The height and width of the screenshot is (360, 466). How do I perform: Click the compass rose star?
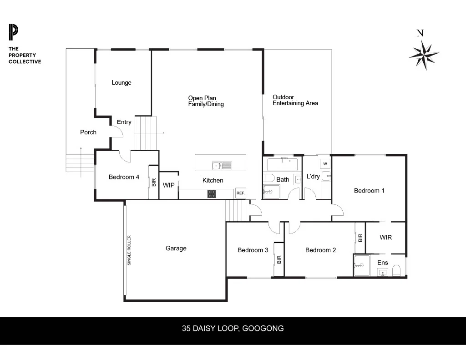click(x=424, y=55)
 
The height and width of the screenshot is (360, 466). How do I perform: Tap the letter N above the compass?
click(x=420, y=33)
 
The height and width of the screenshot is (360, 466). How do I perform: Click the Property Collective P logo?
click(x=13, y=32)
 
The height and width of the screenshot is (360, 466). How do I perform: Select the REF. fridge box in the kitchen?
click(x=240, y=193)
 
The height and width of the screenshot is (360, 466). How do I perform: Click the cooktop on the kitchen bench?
click(x=212, y=194)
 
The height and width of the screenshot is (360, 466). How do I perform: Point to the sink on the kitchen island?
click(x=222, y=166)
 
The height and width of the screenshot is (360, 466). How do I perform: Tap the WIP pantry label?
click(x=168, y=185)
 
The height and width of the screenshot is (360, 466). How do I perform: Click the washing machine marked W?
click(x=325, y=164)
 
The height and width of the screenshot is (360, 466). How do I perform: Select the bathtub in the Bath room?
click(x=282, y=164)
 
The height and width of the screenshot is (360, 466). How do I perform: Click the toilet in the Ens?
click(x=396, y=270)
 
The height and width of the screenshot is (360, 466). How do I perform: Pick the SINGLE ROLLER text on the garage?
click(x=129, y=250)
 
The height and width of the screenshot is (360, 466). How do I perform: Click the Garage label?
click(x=176, y=248)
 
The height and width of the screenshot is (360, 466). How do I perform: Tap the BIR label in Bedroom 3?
click(x=279, y=260)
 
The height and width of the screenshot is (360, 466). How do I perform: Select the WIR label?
click(x=385, y=237)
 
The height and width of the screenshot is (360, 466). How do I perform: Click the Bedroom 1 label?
click(x=369, y=191)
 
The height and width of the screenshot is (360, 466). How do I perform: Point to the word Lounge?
click(x=121, y=83)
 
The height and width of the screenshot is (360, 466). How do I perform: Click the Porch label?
click(x=88, y=132)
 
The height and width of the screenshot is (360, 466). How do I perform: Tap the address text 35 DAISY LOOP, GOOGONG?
click(x=233, y=329)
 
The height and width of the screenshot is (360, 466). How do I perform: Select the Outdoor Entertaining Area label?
click(x=295, y=100)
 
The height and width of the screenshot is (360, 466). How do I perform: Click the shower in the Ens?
click(x=362, y=265)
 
